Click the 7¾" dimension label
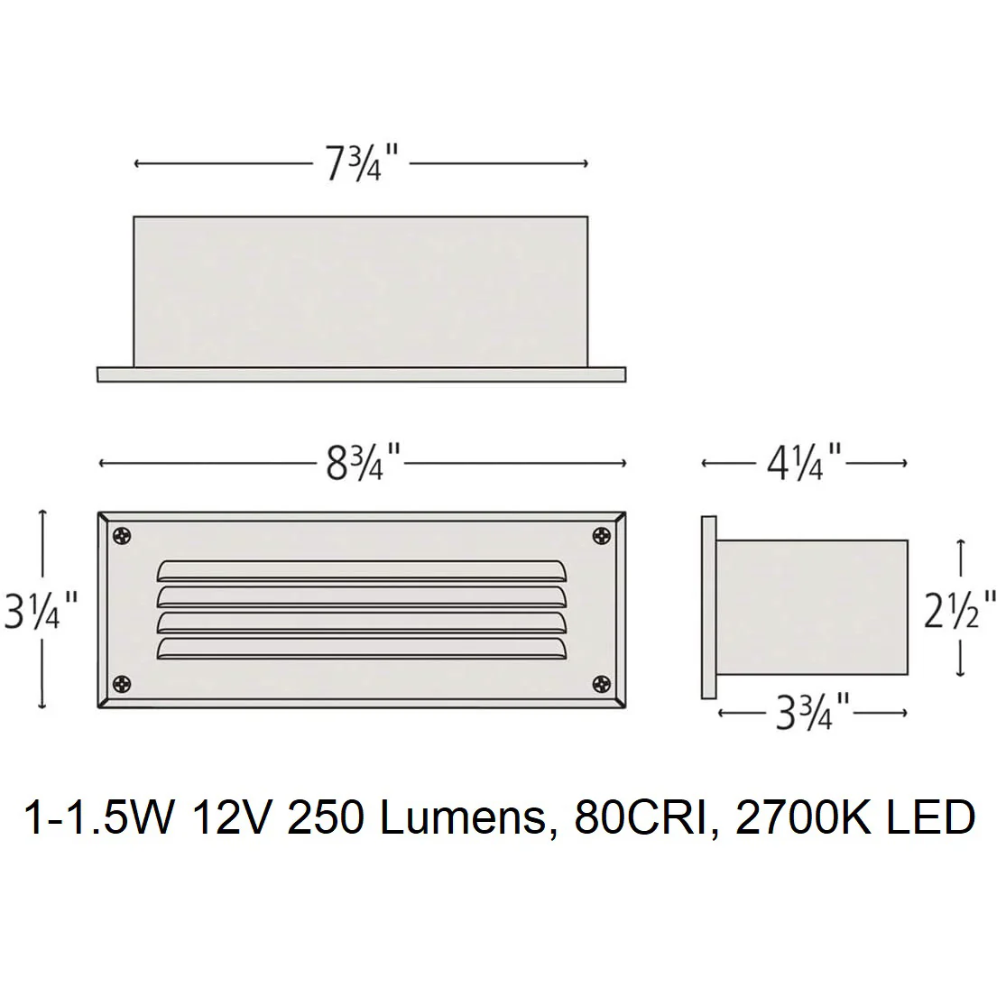(362, 163)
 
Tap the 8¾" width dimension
(363, 463)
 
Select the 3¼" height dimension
(42, 610)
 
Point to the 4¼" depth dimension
(804, 463)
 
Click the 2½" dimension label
(960, 610)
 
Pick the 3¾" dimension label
(813, 712)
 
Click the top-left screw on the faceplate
(121, 536)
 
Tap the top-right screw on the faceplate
(602, 536)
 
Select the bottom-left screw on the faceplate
(121, 684)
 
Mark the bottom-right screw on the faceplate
(602, 684)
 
